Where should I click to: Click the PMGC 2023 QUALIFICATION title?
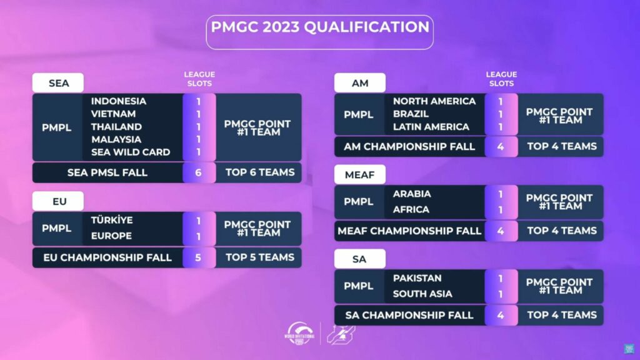point(319,27)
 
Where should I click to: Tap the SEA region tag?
point(58,82)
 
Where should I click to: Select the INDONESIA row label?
point(119,101)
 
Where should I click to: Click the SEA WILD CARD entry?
point(130,152)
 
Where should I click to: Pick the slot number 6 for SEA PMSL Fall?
point(199,172)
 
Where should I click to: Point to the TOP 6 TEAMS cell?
point(259,172)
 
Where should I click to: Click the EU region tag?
point(58,202)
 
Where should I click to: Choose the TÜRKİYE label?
point(112,221)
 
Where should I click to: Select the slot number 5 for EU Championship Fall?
point(199,257)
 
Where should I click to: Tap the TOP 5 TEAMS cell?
point(259,257)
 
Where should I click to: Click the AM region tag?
point(359,82)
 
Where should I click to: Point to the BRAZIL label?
point(411,114)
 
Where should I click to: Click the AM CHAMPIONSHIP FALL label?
point(409,146)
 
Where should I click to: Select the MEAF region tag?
point(359,174)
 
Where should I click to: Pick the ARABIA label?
point(411,194)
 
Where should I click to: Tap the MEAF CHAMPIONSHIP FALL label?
point(409,231)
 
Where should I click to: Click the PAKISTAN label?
point(417,278)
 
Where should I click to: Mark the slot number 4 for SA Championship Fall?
point(501,315)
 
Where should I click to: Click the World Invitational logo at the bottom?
point(301,333)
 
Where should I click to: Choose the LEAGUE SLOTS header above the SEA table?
point(199,79)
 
